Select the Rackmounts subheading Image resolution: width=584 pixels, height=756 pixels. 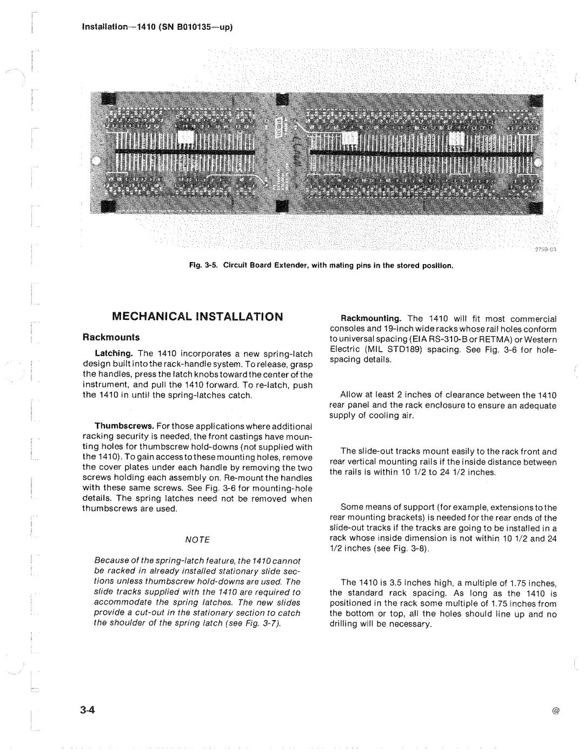click(x=111, y=337)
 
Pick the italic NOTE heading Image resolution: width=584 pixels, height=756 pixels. click(x=197, y=540)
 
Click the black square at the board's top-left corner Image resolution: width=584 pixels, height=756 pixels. click(x=109, y=100)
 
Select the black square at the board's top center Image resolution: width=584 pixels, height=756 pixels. click(x=282, y=100)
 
